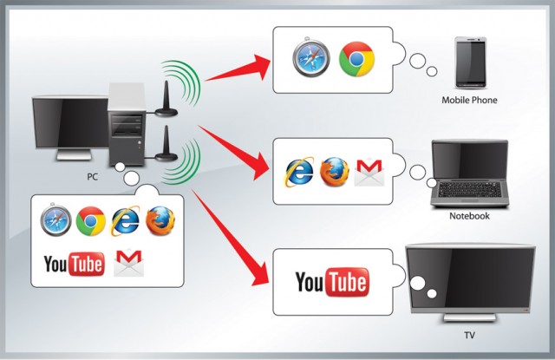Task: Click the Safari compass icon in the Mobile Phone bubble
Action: [311, 58]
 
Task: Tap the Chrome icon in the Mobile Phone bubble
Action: [356, 59]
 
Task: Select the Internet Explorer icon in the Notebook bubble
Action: [299, 172]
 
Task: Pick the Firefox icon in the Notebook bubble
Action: [335, 172]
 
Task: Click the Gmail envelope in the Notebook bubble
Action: [369, 172]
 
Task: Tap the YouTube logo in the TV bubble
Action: [332, 282]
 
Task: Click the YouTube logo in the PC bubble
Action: [75, 264]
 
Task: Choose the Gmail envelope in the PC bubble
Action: [129, 263]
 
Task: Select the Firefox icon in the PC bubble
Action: [160, 221]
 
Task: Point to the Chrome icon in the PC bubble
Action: [90, 221]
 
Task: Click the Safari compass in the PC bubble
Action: [55, 219]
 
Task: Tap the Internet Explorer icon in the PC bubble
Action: [125, 221]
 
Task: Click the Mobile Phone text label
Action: [469, 100]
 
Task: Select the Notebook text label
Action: [469, 216]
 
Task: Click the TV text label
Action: [469, 335]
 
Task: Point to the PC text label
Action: [92, 177]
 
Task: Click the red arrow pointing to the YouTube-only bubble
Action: [230, 237]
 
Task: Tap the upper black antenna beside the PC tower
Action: [166, 101]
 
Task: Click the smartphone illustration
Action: [470, 62]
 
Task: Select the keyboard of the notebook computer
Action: [470, 190]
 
